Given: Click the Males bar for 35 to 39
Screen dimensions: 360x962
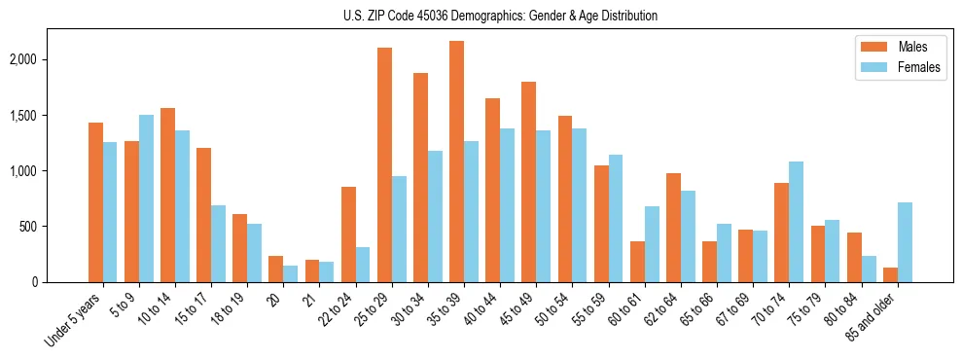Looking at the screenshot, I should pyautogui.click(x=456, y=162).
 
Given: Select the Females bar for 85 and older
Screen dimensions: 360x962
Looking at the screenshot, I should pyautogui.click(x=905, y=242).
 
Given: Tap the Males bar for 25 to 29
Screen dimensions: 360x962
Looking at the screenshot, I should pyautogui.click(x=384, y=164).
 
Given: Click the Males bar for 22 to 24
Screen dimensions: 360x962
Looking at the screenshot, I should pyautogui.click(x=348, y=234).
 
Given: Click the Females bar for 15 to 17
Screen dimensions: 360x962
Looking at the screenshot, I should pyautogui.click(x=218, y=243).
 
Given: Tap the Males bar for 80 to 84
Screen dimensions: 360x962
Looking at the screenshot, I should pyautogui.click(x=854, y=258).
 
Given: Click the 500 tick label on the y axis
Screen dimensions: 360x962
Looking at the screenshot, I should pyautogui.click(x=54, y=227).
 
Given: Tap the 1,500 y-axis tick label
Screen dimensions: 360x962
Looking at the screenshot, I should pyautogui.click(x=49, y=116).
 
